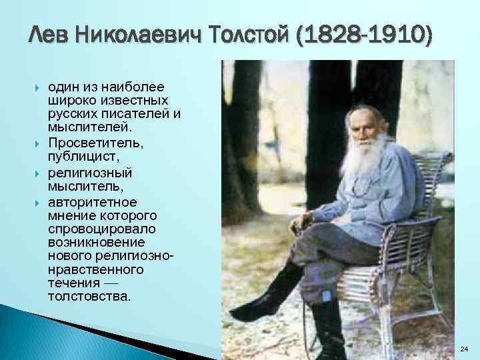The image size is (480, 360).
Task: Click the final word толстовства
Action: point(89,295)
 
